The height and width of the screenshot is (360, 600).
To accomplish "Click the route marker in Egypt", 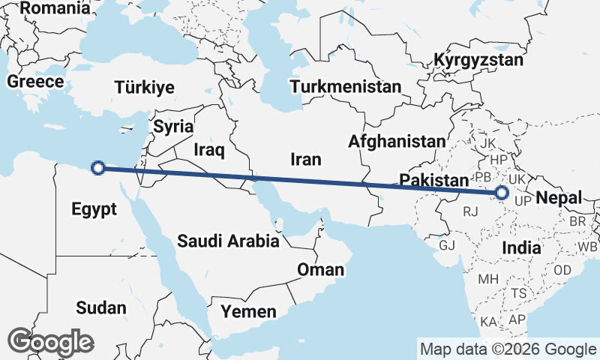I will pos(97,168).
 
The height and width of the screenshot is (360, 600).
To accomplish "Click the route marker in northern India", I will pos(502,193).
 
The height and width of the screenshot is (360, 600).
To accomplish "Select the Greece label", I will pos(35,82).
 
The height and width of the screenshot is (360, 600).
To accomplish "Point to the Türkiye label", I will pos(145,88).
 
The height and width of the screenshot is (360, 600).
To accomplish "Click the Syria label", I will pos(172,126).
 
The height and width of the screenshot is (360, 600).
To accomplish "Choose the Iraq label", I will pos(209,150).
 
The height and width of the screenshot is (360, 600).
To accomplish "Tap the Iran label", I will pos(306,159).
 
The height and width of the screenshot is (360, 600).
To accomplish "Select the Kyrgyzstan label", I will pos(478,59).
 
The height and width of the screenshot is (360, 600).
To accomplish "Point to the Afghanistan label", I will pos(397,141).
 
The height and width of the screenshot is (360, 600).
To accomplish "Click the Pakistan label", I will pos(433,180).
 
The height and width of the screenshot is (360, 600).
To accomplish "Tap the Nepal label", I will pos(559,198).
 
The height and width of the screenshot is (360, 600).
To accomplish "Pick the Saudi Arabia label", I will pos(228,241).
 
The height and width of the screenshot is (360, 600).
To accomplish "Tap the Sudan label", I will pos(100,307).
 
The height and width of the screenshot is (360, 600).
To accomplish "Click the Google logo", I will pos(50,342).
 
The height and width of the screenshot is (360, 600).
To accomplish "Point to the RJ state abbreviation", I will pos(470,212).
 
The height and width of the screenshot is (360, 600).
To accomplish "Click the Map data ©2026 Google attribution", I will pos(508,349).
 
